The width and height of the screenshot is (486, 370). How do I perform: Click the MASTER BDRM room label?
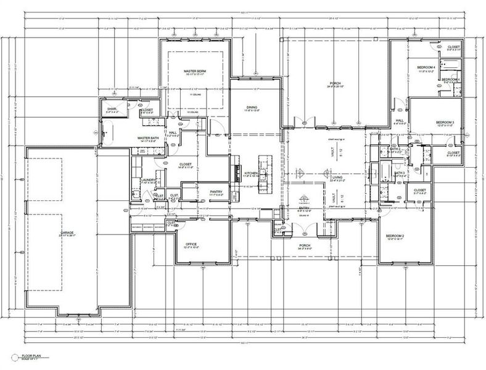click(x=194, y=72)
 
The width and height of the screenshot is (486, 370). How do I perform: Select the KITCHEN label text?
click(x=250, y=173)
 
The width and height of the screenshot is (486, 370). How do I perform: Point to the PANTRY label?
click(x=215, y=192)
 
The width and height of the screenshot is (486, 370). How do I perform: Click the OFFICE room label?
click(x=191, y=244)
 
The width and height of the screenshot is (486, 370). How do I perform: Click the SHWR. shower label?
click(x=112, y=109)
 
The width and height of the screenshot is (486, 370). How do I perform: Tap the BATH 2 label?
click(x=395, y=149)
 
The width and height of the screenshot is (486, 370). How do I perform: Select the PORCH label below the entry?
click(x=304, y=245)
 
